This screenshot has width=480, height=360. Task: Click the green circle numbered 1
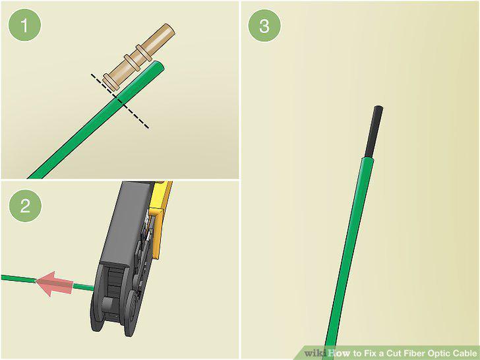click(24, 25)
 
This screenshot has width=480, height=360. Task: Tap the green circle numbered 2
click(25, 206)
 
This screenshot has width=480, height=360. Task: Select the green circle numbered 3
click(264, 26)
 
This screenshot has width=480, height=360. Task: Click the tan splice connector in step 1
click(138, 57)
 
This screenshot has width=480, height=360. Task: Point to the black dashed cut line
click(120, 101)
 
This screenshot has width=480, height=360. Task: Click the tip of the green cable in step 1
click(160, 64)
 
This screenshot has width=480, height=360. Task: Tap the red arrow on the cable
click(54, 284)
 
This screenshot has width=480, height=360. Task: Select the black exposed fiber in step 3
click(373, 132)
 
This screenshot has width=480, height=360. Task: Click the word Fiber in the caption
click(415, 353)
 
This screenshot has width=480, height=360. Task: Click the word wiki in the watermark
click(315, 353)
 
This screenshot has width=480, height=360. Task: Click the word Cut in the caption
click(394, 353)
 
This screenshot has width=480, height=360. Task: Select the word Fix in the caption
click(370, 353)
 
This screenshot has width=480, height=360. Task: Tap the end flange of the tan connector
click(110, 82)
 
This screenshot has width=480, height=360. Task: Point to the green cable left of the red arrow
click(18, 278)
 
